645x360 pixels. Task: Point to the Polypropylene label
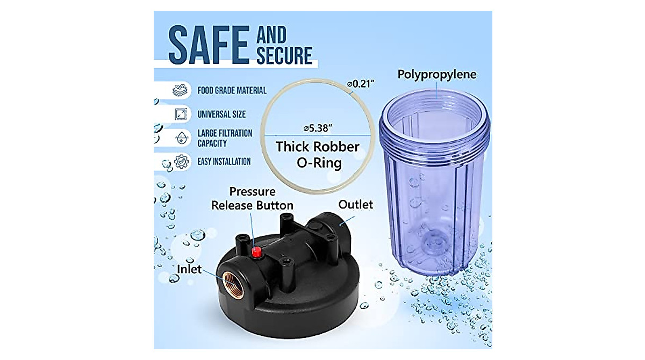[436, 74]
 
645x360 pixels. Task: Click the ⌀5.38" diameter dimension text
[318, 128]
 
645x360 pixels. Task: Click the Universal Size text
[221, 114]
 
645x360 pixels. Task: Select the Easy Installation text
[224, 161]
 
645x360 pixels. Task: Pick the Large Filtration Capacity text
[224, 138]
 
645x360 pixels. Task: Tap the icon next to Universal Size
[181, 114]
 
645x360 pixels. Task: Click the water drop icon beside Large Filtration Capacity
[181, 138]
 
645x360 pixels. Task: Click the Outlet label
[355, 205]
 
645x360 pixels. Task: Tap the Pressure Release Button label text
[252, 199]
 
